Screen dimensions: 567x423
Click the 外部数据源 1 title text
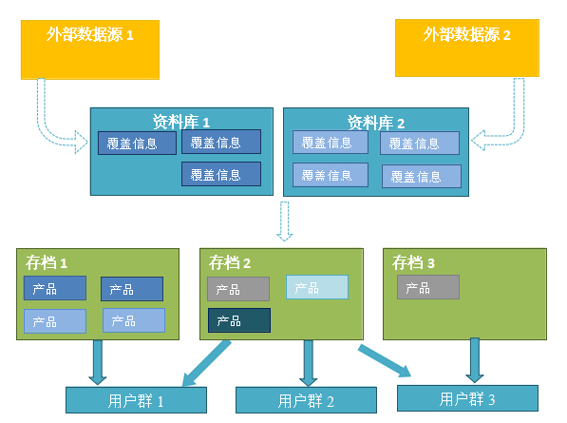click(x=89, y=35)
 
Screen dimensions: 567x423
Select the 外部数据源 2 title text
click(x=467, y=35)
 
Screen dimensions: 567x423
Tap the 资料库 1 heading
click(x=181, y=122)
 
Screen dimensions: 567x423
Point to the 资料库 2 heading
click(x=376, y=123)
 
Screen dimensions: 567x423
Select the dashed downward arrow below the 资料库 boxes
click(x=285, y=221)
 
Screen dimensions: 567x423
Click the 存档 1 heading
click(x=47, y=262)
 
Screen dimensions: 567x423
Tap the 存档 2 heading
click(x=230, y=262)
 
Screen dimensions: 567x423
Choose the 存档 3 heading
click(x=413, y=262)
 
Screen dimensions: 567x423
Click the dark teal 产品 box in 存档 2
click(x=239, y=320)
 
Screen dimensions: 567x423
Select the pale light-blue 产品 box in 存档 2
click(x=317, y=287)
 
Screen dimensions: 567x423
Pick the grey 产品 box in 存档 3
click(x=428, y=287)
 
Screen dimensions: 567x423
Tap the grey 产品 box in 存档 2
click(x=238, y=289)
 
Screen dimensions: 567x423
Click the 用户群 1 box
click(x=137, y=400)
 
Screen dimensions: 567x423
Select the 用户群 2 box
click(x=306, y=400)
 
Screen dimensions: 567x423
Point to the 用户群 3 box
click(x=467, y=398)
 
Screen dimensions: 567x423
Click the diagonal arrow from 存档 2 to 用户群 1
click(x=206, y=363)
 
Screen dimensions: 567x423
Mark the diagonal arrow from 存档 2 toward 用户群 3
click(x=385, y=361)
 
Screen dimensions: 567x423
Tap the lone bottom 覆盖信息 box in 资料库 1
click(x=221, y=174)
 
